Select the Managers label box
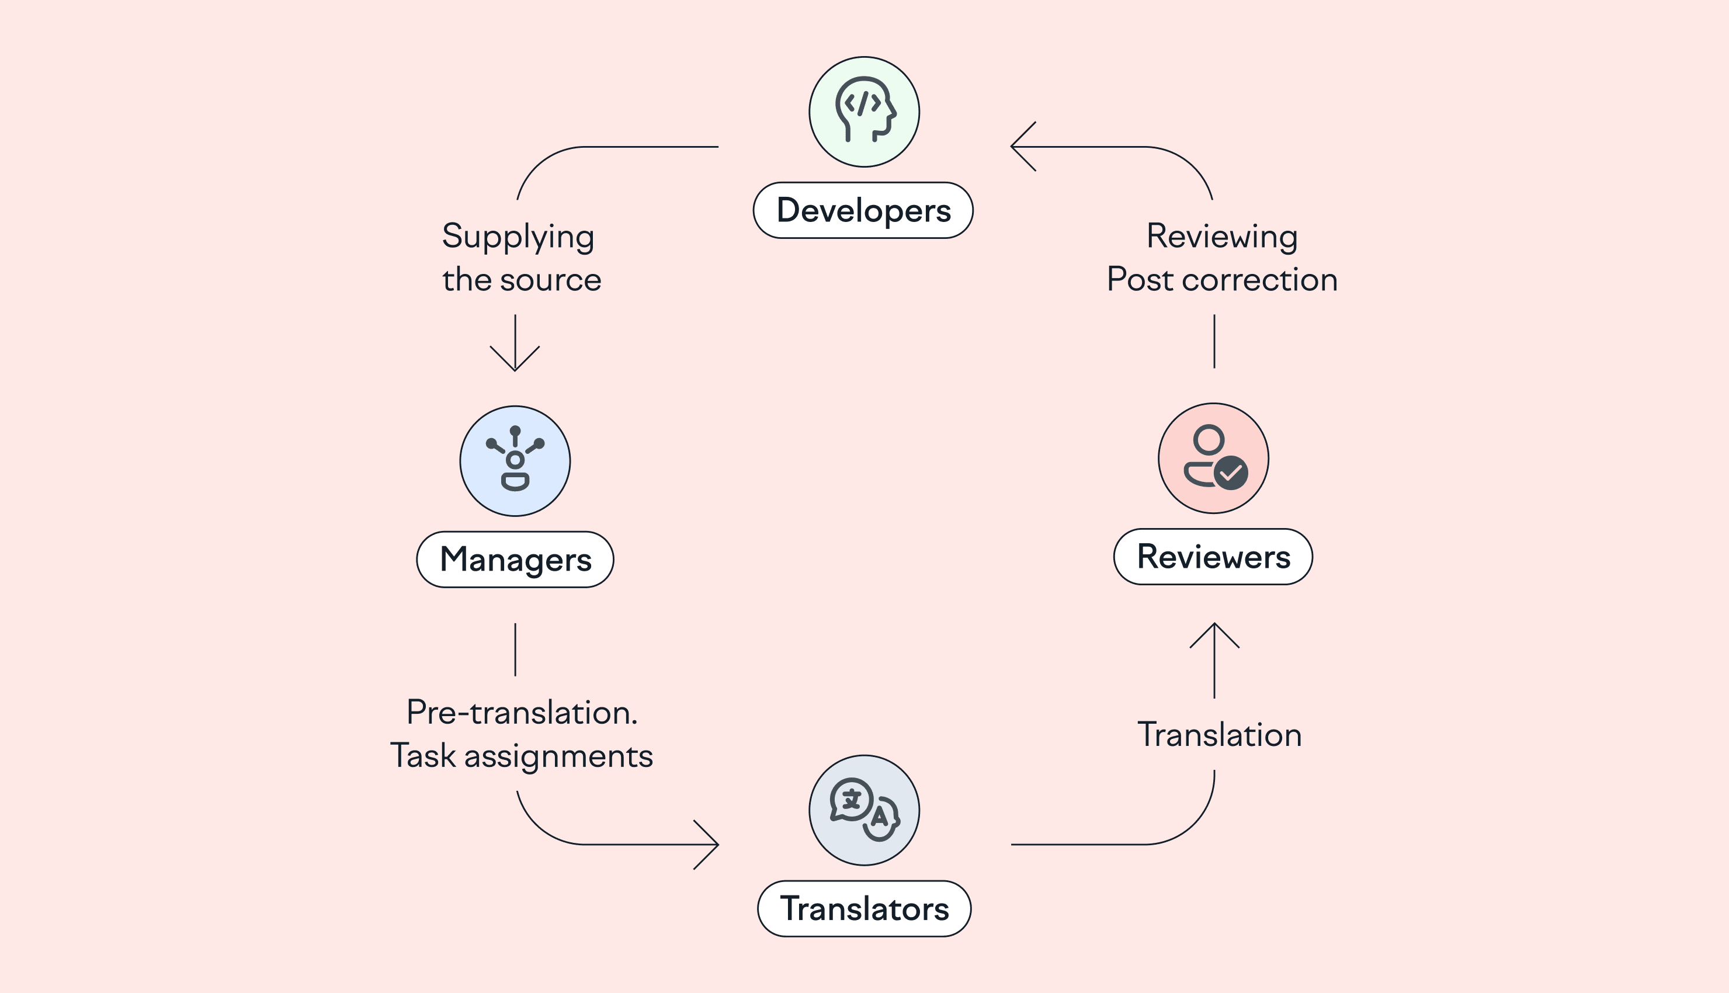(515, 559)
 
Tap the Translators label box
(864, 908)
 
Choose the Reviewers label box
(1213, 557)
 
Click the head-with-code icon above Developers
(864, 111)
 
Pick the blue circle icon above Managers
(515, 461)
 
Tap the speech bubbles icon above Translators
(864, 810)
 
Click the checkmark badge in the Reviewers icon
(1231, 473)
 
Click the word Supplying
(518, 237)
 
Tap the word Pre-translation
(522, 713)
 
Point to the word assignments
(558, 756)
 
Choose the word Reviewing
(1222, 237)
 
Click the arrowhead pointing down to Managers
(515, 362)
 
